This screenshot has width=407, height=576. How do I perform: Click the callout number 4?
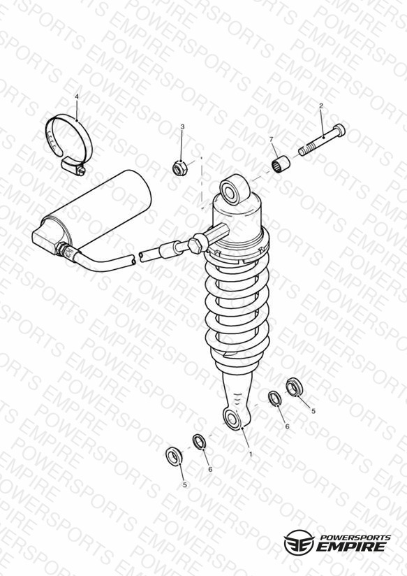77,96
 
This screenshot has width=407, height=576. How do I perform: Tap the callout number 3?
182,127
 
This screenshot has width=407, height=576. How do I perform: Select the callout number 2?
321,106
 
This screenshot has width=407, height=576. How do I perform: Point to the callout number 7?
271,139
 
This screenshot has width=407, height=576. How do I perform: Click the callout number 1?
251,454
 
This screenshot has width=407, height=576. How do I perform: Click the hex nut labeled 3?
180,168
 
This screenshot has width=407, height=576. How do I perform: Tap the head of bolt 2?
339,130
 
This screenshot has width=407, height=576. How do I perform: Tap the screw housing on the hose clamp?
73,166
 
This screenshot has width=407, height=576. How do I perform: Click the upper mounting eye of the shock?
234,189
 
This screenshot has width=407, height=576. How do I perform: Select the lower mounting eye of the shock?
232,419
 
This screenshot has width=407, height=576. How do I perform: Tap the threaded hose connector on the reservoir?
66,250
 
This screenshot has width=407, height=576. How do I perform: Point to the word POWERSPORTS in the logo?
355,538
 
